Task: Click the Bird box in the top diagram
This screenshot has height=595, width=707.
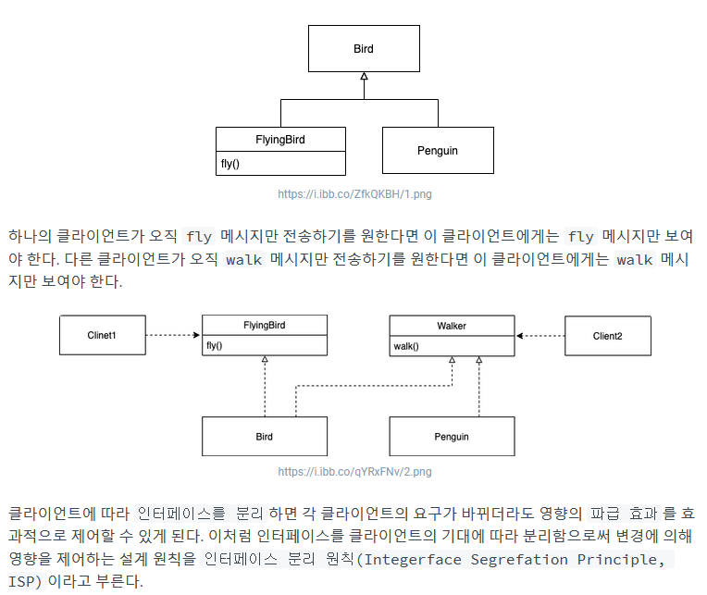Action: click(x=364, y=48)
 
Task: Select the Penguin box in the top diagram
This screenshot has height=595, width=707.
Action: click(x=437, y=150)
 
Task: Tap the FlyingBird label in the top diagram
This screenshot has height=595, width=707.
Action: click(x=280, y=140)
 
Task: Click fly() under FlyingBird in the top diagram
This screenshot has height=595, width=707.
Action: click(x=230, y=164)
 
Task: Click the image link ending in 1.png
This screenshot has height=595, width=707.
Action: click(x=354, y=194)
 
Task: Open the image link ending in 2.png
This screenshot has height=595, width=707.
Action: click(x=354, y=472)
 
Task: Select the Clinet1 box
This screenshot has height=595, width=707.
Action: click(x=102, y=335)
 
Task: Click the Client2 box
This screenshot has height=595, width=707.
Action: click(x=607, y=336)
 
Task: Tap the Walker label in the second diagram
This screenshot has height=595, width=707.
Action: click(x=452, y=326)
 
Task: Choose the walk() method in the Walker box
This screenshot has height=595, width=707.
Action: click(x=406, y=347)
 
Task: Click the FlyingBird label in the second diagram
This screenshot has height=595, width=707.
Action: click(x=264, y=326)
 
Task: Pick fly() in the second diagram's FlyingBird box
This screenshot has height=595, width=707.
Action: click(x=216, y=347)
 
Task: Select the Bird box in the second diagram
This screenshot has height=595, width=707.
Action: click(x=264, y=436)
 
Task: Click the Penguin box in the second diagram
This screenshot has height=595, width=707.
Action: click(x=452, y=436)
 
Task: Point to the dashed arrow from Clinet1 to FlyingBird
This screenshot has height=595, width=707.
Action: click(x=173, y=335)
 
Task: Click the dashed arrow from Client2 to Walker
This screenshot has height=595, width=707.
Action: click(x=540, y=335)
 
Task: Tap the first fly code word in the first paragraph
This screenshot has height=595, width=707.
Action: click(x=199, y=236)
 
